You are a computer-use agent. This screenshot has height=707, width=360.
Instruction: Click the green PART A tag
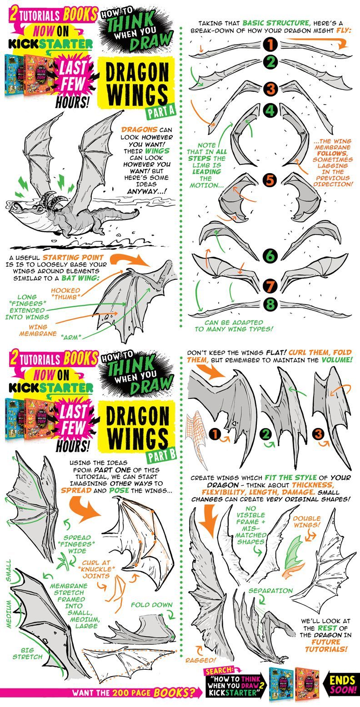[161, 111]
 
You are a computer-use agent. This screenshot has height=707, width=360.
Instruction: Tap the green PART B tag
[161, 455]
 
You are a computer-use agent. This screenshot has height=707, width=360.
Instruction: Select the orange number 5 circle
[270, 180]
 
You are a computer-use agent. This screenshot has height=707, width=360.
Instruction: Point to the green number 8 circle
[270, 304]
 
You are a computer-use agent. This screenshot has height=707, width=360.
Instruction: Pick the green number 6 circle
[270, 255]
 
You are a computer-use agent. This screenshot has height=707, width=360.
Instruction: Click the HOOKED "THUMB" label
[65, 294]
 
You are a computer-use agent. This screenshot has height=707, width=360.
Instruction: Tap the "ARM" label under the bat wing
[71, 337]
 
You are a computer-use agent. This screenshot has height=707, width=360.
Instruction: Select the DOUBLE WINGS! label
[307, 522]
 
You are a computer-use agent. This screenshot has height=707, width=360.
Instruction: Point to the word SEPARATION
[270, 591]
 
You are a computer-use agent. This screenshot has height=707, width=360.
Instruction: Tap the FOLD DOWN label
[151, 605]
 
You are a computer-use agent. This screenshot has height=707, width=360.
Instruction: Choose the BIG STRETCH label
[27, 653]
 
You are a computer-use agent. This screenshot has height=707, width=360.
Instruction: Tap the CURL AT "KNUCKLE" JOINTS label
[96, 569]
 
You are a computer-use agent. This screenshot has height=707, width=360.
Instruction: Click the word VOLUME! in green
[337, 359]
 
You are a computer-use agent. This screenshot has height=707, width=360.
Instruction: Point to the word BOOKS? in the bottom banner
[174, 693]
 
